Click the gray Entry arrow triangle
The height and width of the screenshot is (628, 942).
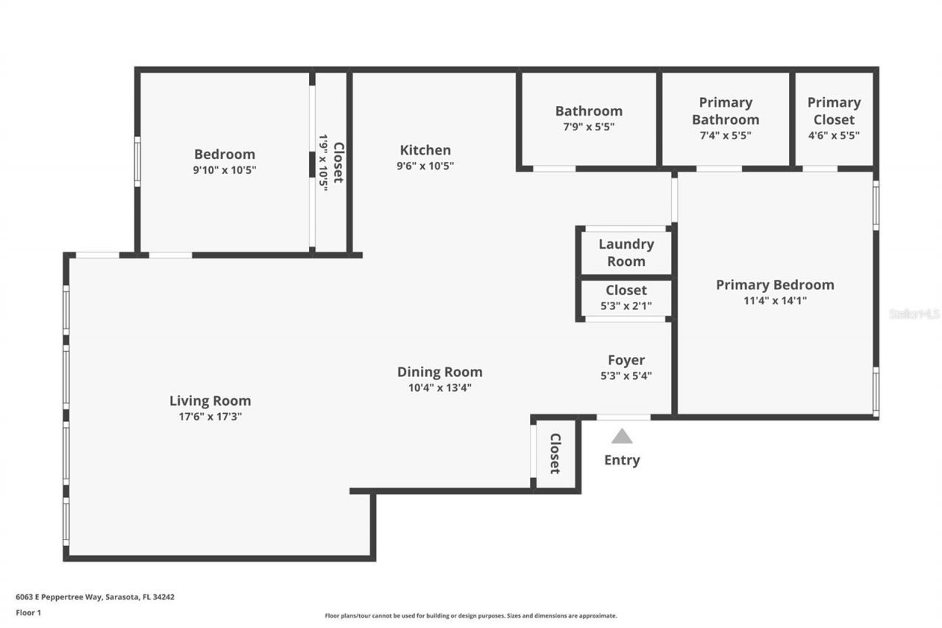[622, 437]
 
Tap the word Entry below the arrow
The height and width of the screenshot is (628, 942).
[622, 460]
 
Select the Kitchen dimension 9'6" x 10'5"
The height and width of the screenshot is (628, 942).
[425, 166]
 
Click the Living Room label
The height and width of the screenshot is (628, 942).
[210, 401]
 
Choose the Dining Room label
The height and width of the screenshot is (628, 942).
[439, 372]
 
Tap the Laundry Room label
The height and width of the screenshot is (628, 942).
[626, 253]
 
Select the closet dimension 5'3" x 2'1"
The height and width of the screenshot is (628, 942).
[626, 305]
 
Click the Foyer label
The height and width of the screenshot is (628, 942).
[626, 360]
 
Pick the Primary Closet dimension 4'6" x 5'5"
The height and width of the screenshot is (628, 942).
[834, 135]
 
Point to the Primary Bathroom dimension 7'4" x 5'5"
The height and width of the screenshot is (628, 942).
[725, 135]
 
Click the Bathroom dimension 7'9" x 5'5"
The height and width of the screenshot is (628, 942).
[588, 126]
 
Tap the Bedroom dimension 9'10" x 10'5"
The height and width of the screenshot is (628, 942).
[224, 169]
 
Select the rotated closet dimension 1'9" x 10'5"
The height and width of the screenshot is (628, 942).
[323, 162]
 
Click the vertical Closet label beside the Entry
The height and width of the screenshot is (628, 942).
[556, 453]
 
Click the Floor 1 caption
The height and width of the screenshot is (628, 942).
[29, 612]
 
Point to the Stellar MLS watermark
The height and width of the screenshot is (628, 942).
[915, 314]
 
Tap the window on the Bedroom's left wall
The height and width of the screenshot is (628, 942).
[137, 162]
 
